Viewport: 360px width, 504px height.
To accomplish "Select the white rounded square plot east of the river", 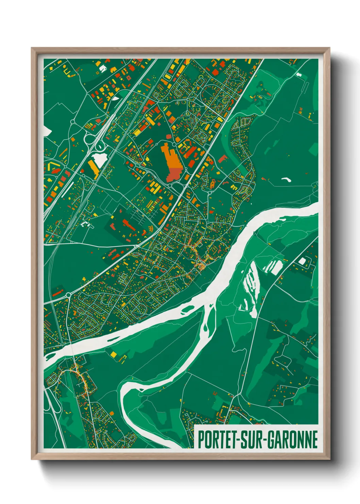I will [302, 261].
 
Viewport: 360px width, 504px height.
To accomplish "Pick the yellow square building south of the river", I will [113, 355].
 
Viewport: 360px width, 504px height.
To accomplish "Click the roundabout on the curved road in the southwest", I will [68, 295].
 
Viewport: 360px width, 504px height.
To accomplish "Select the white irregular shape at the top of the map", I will [102, 68].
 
